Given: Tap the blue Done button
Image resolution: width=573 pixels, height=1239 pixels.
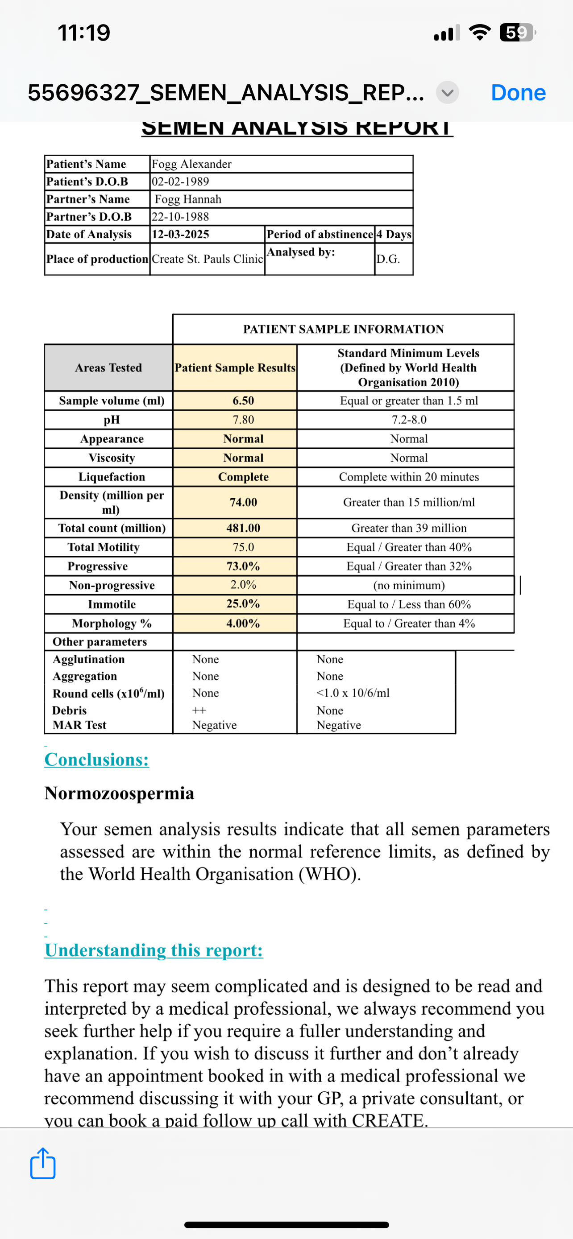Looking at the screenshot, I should (518, 92).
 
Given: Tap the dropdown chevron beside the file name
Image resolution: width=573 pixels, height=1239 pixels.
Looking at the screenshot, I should (448, 92).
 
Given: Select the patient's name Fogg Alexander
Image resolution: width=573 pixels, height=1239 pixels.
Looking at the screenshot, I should (191, 164).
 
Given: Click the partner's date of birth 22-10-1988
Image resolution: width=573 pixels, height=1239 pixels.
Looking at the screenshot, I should (180, 216).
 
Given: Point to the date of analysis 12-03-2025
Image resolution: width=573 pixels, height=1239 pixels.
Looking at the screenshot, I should (180, 234).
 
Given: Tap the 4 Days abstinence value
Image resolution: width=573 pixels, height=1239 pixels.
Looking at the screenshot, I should (394, 234).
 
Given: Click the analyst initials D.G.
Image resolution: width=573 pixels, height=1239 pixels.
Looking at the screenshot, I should (388, 259).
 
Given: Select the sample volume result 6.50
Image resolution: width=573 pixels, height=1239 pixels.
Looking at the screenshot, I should (244, 401).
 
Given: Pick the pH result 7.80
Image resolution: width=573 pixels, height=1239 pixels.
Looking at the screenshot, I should (244, 419).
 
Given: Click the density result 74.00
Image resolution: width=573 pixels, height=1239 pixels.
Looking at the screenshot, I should (244, 502).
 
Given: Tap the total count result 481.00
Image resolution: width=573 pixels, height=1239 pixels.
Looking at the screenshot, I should (244, 528).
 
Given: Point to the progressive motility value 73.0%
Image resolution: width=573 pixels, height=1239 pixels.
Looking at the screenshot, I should (244, 566).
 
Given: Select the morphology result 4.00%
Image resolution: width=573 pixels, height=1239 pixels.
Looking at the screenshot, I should (244, 624).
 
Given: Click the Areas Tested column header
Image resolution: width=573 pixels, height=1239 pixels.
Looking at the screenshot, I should (109, 368).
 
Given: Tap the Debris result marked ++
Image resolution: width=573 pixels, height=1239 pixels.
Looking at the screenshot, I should (199, 710).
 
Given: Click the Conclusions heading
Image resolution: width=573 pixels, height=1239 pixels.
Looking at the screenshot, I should (97, 760).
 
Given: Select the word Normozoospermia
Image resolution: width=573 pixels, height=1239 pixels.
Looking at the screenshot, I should (119, 793).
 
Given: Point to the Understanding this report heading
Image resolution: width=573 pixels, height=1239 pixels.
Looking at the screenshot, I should (154, 950).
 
